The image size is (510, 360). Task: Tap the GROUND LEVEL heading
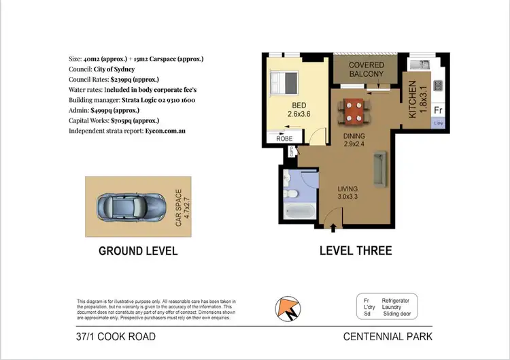(x=138, y=251)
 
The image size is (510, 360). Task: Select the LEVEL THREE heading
(x=356, y=251)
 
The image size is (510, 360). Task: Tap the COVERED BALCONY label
(x=367, y=69)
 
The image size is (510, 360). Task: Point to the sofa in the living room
(x=378, y=169)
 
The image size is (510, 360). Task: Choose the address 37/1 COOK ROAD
(x=116, y=336)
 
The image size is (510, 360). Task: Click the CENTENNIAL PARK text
(x=388, y=336)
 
